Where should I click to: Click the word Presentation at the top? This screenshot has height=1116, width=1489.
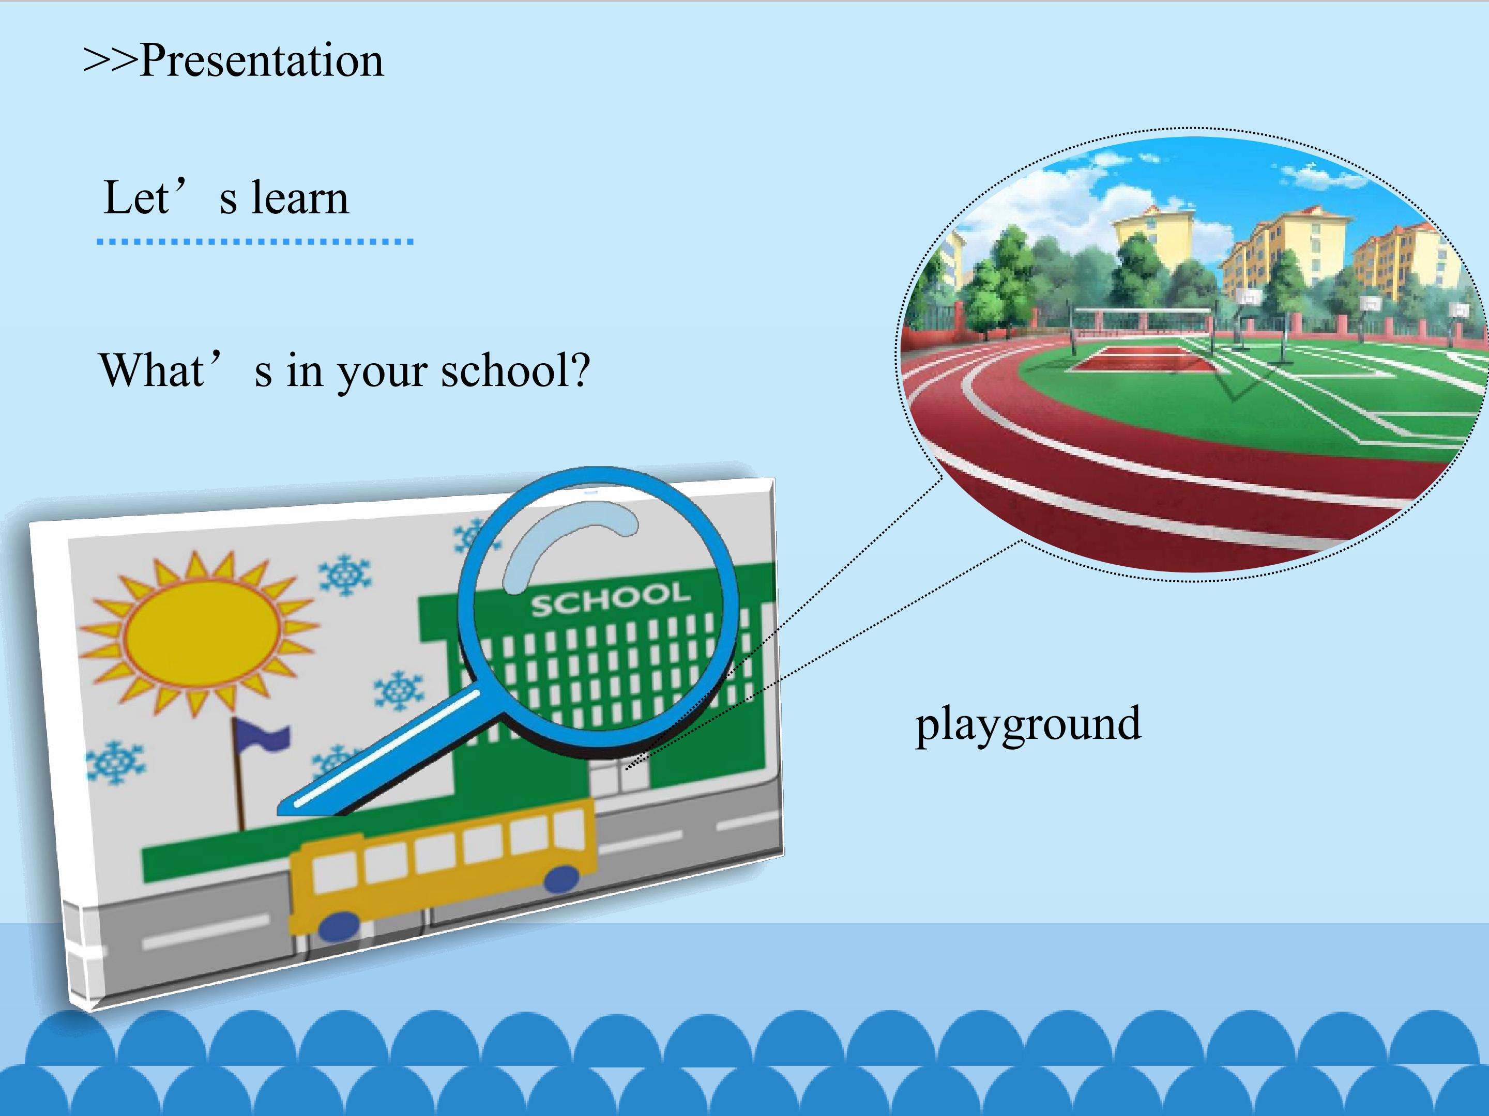tap(262, 61)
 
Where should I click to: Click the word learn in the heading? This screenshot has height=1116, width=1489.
tap(300, 198)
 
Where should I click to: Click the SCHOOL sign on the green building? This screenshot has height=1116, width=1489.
tap(611, 599)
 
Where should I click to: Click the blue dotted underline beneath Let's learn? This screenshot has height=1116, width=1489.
tap(255, 241)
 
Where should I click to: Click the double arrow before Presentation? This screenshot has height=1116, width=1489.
tap(110, 61)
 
